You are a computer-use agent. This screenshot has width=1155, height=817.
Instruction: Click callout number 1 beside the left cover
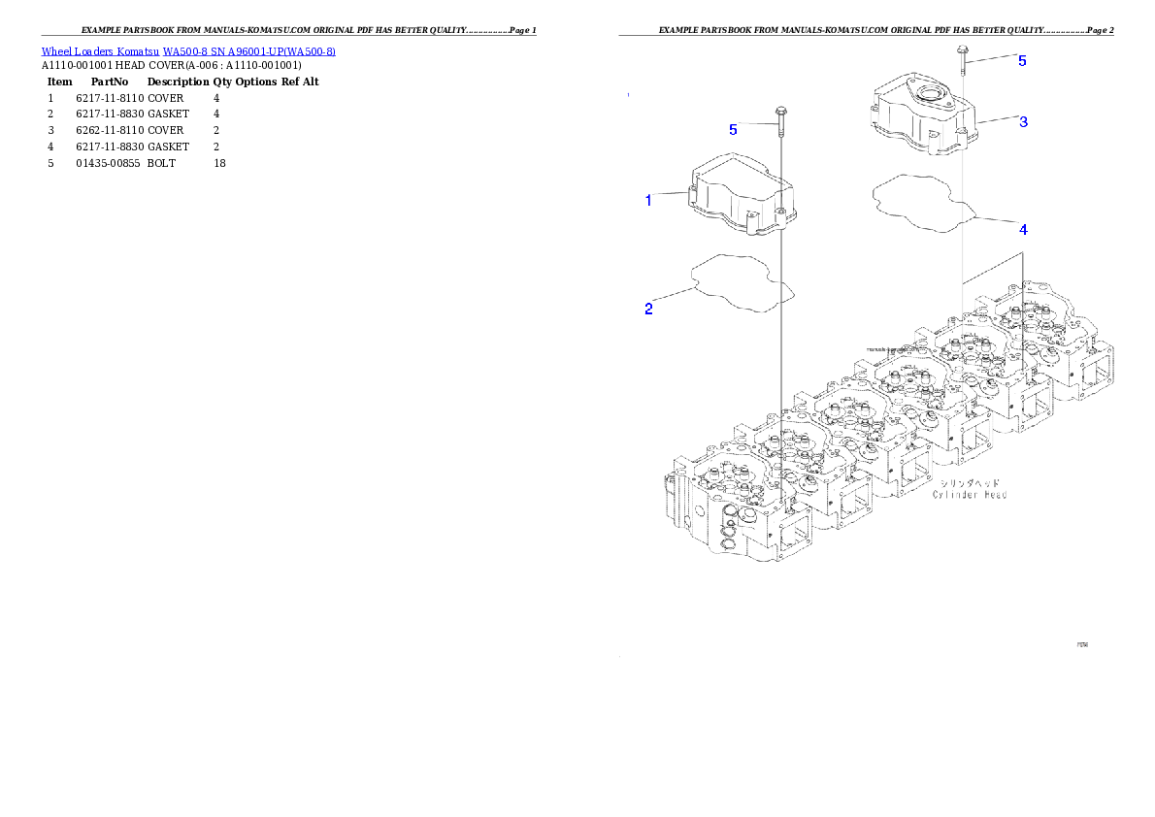[648, 201]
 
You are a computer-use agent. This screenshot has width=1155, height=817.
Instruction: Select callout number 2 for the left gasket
[648, 310]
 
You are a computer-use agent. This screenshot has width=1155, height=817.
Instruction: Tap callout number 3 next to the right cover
[1023, 122]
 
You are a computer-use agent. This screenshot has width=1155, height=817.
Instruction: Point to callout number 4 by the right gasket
[1023, 230]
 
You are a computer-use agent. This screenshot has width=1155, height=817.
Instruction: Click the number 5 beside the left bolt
[733, 129]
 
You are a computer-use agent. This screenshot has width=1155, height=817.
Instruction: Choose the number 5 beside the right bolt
[1022, 60]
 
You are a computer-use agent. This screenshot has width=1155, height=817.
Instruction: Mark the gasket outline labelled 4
[921, 205]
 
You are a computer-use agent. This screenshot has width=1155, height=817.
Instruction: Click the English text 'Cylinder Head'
[970, 495]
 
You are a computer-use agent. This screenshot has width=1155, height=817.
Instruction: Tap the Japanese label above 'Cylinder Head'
[970, 481]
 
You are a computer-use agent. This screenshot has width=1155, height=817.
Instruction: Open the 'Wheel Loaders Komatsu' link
[100, 50]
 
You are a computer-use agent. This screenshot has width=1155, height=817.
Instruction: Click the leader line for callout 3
[996, 121]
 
